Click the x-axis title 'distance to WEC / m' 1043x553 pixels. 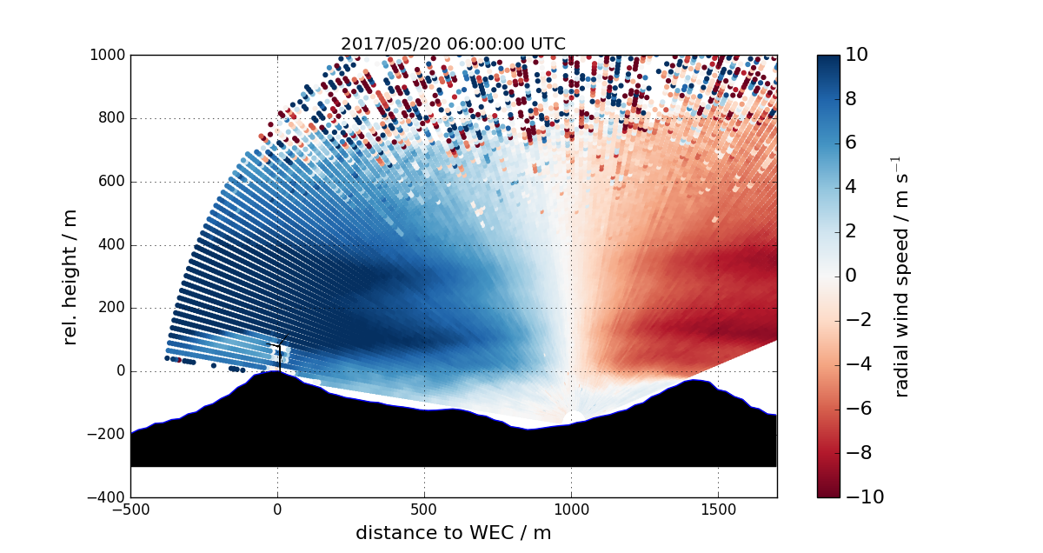(453, 533)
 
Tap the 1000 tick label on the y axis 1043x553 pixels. (107, 56)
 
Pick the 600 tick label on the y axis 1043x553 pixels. (111, 182)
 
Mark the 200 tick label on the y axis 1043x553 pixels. (111, 308)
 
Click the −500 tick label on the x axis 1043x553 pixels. (130, 510)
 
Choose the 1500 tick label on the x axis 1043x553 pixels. (718, 510)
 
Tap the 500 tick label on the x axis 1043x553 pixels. (424, 510)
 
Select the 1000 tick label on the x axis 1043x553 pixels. (571, 510)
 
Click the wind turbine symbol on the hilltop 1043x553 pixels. (279, 352)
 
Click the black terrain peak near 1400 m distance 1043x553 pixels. (695, 391)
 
